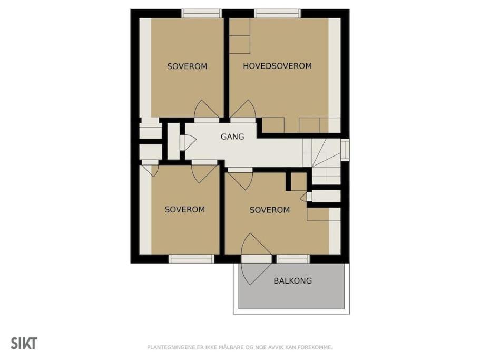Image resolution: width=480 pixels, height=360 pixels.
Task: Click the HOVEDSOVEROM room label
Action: [277, 66]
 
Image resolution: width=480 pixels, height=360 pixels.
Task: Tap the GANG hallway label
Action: [232, 137]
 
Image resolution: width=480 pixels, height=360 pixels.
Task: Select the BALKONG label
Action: [292, 280]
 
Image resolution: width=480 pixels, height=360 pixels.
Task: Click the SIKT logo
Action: [24, 343]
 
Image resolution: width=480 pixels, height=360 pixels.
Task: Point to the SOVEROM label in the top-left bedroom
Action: [187, 66]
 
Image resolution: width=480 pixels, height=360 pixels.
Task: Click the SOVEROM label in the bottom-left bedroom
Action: [184, 209]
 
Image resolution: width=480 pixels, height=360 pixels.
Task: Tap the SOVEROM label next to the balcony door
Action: [270, 210]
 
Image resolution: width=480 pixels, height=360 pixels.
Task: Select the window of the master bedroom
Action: [277, 14]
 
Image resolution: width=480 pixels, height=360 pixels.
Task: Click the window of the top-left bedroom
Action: [201, 14]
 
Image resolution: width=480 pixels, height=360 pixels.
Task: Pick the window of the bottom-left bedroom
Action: [192, 259]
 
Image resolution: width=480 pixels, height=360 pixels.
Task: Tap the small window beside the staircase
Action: [345, 150]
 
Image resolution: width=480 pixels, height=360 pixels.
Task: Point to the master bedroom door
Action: [243, 109]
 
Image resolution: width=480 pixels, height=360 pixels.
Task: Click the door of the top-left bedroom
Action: [207, 109]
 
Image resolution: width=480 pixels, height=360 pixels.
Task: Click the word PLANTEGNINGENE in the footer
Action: [171, 347]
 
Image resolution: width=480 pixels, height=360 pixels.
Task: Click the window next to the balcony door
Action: [293, 259]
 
